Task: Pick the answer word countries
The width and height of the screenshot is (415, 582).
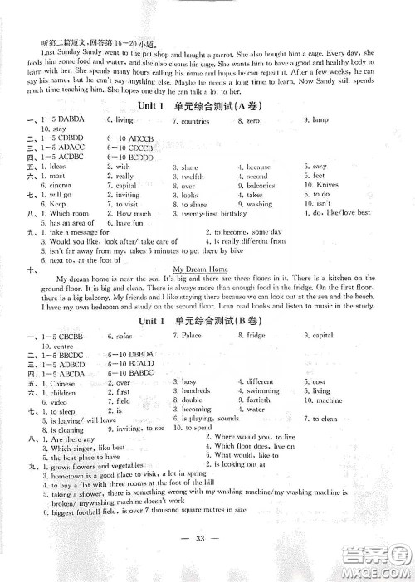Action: tap(195, 121)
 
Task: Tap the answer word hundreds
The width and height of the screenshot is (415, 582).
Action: tap(195, 390)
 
